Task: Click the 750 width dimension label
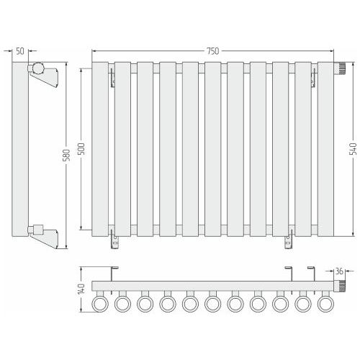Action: pos(213,51)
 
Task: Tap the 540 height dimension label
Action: pos(354,149)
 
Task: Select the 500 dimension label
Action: pos(82,149)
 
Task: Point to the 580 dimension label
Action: pos(68,155)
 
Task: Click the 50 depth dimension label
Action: pos(20,51)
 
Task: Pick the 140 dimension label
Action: pos(81,289)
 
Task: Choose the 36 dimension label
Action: pos(339,271)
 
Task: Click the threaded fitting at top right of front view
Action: pos(339,68)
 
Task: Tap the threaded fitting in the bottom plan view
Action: pos(339,286)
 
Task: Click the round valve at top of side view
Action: pos(38,68)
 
